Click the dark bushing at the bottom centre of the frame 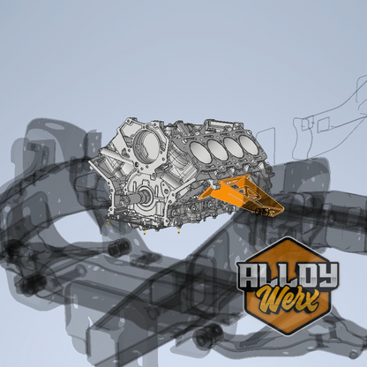tap(208, 334)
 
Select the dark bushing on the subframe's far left tap(28, 285)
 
